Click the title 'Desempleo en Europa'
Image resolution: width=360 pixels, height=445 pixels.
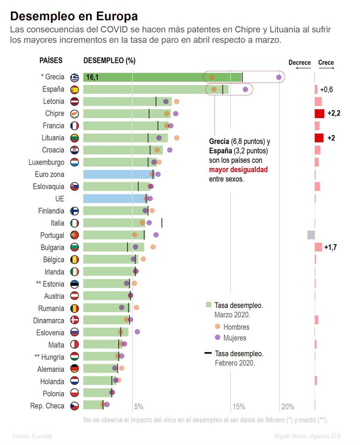click(74, 17)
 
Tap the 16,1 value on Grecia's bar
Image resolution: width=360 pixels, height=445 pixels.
click(93, 78)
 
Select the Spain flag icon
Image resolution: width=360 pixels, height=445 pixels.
click(75, 89)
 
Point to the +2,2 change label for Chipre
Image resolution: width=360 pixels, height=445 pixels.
click(333, 113)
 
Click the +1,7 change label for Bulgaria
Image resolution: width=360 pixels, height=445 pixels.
click(331, 247)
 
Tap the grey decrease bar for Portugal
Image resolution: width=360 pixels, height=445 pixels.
click(311, 235)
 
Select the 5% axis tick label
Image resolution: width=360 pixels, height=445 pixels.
click(139, 407)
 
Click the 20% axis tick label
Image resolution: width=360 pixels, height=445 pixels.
click(288, 407)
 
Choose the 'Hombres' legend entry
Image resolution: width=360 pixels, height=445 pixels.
click(236, 327)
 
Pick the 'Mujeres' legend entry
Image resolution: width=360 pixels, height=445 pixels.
click(235, 338)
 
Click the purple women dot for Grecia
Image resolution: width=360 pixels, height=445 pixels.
click(279, 77)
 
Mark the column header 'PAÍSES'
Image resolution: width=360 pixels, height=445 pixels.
click(51, 61)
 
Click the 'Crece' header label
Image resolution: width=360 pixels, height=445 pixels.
click(326, 63)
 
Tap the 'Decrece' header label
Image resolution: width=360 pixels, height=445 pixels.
click(300, 63)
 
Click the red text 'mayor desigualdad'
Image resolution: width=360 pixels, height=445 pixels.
click(238, 170)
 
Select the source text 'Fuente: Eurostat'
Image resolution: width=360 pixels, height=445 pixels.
click(33, 436)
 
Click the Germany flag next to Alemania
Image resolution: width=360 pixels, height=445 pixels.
click(75, 369)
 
